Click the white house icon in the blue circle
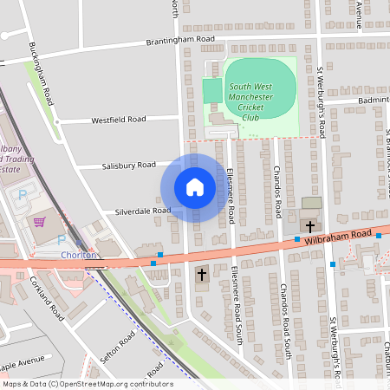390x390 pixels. click(194, 187)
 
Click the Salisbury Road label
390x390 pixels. click(128, 165)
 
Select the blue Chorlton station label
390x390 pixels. click(78, 255)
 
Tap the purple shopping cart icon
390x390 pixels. click(39, 222)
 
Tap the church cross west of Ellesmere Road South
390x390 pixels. click(202, 275)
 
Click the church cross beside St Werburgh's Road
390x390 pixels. click(310, 225)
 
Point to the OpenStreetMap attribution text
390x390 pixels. click(87, 383)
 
